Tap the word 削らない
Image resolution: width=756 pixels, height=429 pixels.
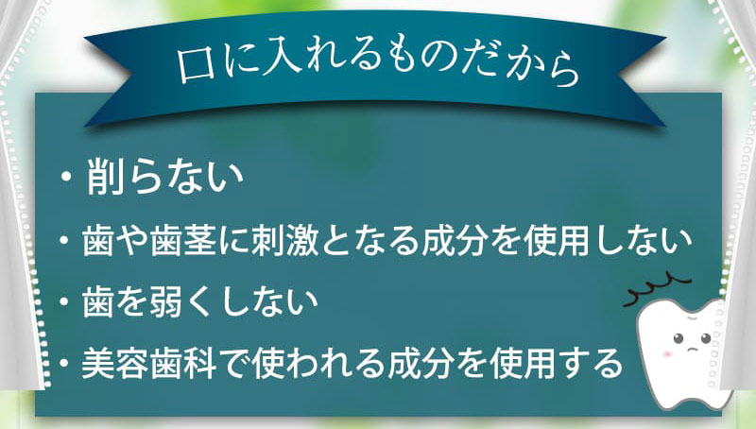[x=164, y=178]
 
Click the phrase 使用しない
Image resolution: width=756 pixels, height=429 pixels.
[x=608, y=241]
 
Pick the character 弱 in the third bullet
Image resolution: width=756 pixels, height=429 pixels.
[x=165, y=301]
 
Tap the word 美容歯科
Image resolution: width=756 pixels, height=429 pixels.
[x=148, y=364]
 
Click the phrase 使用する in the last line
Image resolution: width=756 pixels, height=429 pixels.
[x=556, y=364]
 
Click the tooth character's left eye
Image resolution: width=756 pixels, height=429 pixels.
[x=678, y=338]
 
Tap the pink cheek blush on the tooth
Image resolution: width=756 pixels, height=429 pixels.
[x=668, y=353]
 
